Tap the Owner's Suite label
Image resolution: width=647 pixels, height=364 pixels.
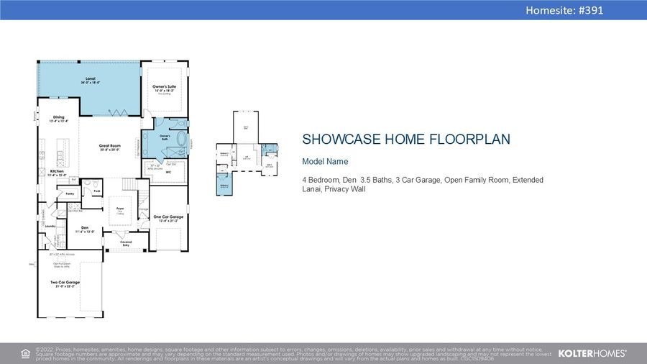pos(164,88)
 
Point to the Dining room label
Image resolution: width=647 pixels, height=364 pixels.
pos(58,119)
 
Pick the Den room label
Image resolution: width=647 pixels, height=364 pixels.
pos(85,229)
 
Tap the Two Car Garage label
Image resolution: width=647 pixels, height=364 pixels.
pos(65,283)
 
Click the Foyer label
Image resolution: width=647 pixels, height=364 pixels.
pos(120,209)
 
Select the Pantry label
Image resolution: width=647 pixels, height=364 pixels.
pos(70,194)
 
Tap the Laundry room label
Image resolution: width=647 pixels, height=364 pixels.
pos(50,226)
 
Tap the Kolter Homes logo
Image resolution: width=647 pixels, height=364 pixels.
pos(592,353)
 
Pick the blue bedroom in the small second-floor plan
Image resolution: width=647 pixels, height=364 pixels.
pos(224,186)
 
